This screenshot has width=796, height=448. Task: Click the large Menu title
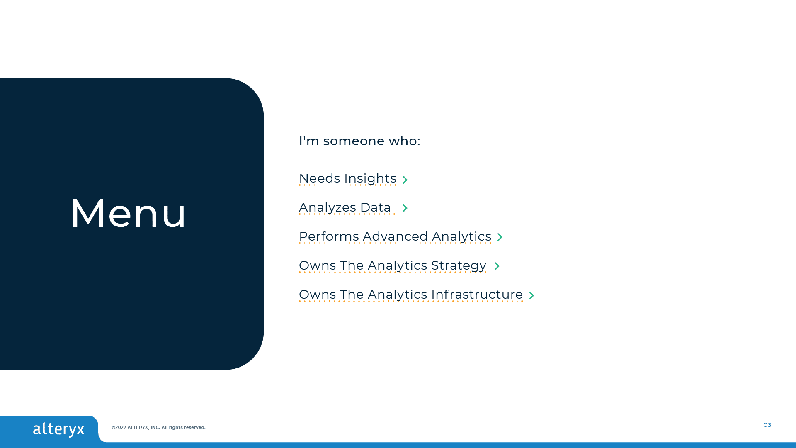pos(129,213)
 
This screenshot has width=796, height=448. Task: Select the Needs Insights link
pos(348,178)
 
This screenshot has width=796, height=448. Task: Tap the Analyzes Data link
pos(345,207)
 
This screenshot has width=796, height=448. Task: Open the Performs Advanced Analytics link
pos(395,236)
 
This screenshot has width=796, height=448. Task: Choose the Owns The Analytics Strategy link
pos(393,265)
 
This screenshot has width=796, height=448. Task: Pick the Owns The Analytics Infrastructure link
pos(411,295)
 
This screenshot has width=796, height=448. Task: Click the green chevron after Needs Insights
pos(405,180)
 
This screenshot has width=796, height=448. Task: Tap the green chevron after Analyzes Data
pos(405,208)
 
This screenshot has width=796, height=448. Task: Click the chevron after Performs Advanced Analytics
pos(500,237)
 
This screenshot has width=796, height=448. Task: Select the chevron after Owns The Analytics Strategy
pos(497,266)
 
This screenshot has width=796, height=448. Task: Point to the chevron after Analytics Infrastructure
pos(531,295)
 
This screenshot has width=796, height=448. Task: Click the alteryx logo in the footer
pos(58,429)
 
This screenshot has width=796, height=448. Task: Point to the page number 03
pos(767,425)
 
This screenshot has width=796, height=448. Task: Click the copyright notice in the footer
pos(158,427)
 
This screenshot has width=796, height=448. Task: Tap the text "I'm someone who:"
pos(359,141)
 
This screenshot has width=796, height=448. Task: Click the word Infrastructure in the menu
pos(477,295)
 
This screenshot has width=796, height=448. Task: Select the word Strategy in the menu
pos(459,265)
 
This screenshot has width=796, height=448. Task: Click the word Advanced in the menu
pos(396,236)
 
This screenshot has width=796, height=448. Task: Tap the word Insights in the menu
pos(371,178)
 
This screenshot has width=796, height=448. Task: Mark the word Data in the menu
pos(376,207)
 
